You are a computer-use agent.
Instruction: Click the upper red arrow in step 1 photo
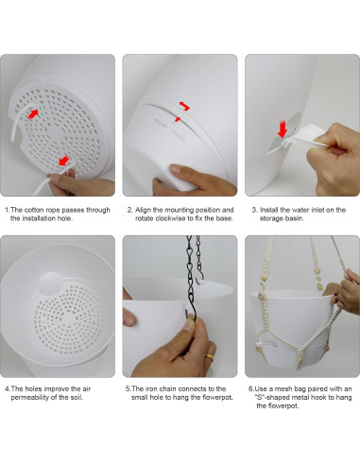tap(33, 114)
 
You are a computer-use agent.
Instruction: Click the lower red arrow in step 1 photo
tap(64, 161)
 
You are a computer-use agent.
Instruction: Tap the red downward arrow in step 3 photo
tap(283, 129)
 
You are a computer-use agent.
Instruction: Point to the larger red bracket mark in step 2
tap(184, 106)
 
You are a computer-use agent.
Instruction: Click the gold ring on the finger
tap(210, 356)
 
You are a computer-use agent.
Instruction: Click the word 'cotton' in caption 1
tap(34, 210)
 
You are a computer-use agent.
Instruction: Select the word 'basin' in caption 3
tap(295, 218)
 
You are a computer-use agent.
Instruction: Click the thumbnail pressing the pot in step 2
tap(175, 168)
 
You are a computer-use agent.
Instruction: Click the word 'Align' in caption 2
tap(143, 210)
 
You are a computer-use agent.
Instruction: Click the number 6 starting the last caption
tap(250, 388)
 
